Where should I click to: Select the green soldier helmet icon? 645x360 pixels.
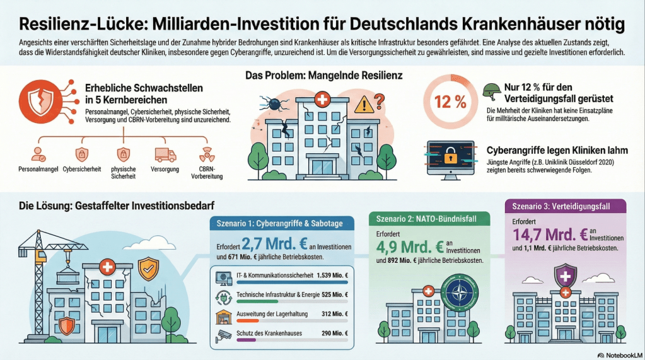[x=492, y=90]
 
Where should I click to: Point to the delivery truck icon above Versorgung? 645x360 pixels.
[x=165, y=154]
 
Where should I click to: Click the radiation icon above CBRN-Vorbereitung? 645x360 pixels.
[x=207, y=154]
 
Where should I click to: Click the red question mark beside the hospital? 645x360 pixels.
[x=380, y=100]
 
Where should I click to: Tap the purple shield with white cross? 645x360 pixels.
[x=565, y=275]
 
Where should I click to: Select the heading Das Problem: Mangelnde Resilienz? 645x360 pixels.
[x=323, y=76]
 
